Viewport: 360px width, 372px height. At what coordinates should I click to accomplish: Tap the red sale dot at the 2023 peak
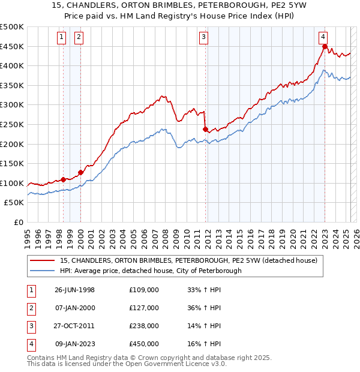(325, 47)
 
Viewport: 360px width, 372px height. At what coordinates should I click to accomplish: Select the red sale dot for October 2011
(205, 129)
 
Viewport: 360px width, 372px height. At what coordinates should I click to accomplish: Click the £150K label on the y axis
(12, 163)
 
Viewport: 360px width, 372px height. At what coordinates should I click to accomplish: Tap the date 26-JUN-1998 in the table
(74, 290)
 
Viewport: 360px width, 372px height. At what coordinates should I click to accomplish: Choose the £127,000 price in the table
(144, 308)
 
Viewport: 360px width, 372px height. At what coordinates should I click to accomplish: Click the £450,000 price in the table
(144, 344)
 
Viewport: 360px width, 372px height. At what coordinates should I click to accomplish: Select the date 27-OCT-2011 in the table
(74, 326)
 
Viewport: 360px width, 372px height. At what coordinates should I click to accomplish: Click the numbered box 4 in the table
(30, 344)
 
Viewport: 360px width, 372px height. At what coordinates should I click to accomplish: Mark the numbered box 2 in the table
(30, 308)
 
